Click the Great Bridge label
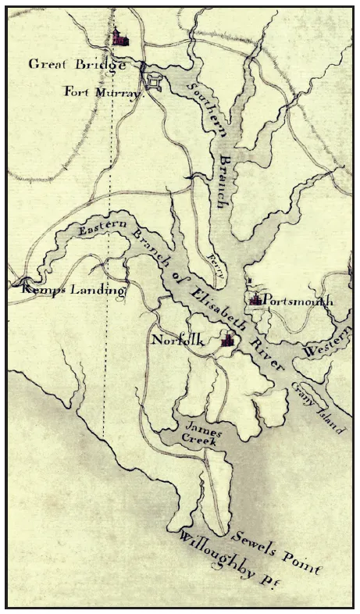(x=77, y=65)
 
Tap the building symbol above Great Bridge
(x=119, y=37)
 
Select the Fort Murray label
(x=104, y=91)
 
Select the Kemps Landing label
(x=69, y=291)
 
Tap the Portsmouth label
(x=298, y=301)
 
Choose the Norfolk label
(x=178, y=341)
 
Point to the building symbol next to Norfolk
(x=228, y=339)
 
